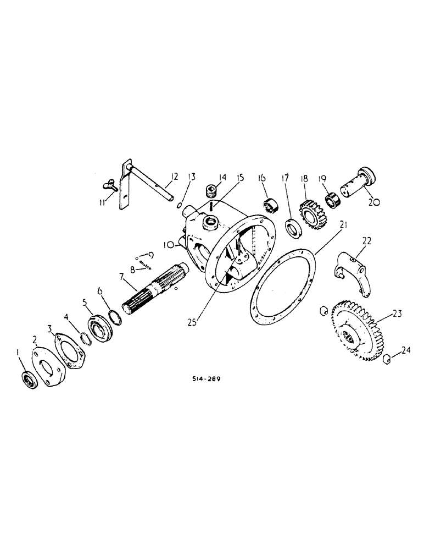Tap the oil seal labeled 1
[28, 380]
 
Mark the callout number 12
[174, 177]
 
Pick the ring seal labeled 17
[294, 226]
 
